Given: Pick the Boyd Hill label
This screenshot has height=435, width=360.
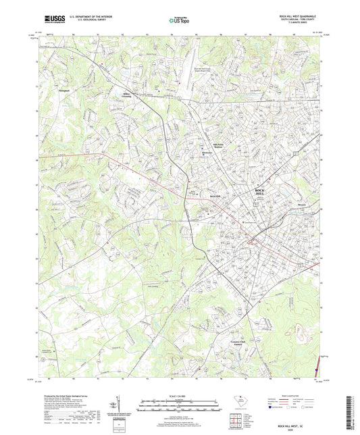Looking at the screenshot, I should point(196,194).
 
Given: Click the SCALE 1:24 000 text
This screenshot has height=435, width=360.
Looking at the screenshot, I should point(179,395).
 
